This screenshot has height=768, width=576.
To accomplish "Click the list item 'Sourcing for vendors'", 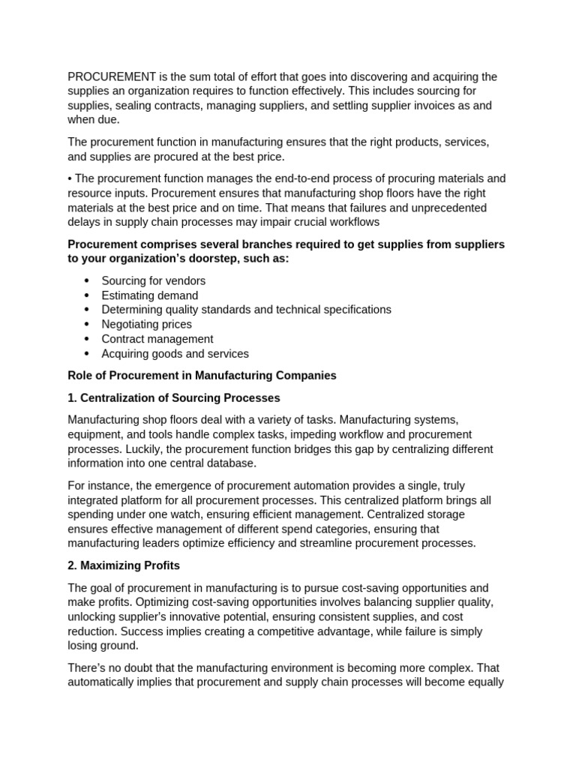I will point(153,280).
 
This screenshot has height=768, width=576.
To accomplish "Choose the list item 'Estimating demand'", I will point(150,295).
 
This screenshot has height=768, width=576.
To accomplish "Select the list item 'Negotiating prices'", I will point(146,325).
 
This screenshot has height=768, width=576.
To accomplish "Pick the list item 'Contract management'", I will point(157,339).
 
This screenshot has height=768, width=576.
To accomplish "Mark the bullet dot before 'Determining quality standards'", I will point(87,310).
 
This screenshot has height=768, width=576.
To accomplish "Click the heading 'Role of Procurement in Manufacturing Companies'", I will point(202,376).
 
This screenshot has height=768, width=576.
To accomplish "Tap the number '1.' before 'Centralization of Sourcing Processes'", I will point(72,397).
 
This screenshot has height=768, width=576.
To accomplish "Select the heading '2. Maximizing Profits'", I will point(124,565).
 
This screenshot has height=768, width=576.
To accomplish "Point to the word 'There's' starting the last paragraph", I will point(88,667).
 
